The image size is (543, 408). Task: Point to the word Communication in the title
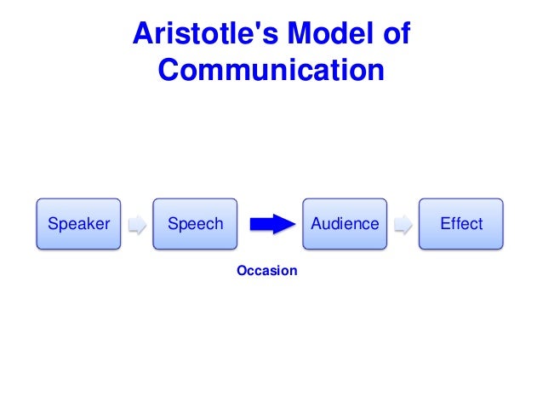[271, 70]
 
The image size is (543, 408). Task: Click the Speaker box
[78, 224]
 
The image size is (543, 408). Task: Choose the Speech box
[195, 224]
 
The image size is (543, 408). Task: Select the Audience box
[345, 224]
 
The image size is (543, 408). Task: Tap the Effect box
[460, 224]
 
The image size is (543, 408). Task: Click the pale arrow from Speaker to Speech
[136, 225]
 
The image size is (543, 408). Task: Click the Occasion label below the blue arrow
[266, 271]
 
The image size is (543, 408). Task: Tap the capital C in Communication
[169, 70]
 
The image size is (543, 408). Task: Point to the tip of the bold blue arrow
[292, 224]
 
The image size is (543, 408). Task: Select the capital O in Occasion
[241, 271]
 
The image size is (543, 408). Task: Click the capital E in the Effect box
[443, 224]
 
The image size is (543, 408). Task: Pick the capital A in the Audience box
[317, 224]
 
